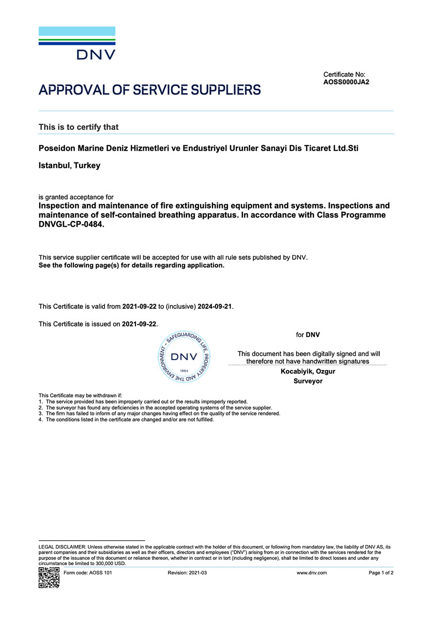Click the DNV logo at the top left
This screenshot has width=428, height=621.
tap(77, 43)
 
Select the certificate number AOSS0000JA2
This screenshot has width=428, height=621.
tap(346, 82)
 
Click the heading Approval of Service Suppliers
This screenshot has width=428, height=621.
tap(149, 90)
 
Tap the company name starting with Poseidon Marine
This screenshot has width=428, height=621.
tap(198, 149)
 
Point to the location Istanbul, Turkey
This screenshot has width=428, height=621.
tap(69, 166)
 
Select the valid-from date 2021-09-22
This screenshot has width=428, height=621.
tap(139, 306)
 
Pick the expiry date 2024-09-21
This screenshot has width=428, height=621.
tap(215, 306)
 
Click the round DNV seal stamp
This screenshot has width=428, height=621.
tap(184, 357)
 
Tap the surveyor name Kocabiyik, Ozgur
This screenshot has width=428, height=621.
tap(308, 372)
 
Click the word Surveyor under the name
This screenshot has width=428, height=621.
tap(308, 381)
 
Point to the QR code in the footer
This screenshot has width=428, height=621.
tap(49, 578)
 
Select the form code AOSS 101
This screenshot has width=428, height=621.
tap(87, 573)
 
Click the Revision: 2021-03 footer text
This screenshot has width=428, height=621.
tap(187, 573)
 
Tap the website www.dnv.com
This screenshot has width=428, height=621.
tap(312, 573)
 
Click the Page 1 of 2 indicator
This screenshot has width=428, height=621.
tap(381, 573)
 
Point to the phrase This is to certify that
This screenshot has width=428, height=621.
tap(79, 127)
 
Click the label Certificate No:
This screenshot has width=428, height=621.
tap(344, 75)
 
